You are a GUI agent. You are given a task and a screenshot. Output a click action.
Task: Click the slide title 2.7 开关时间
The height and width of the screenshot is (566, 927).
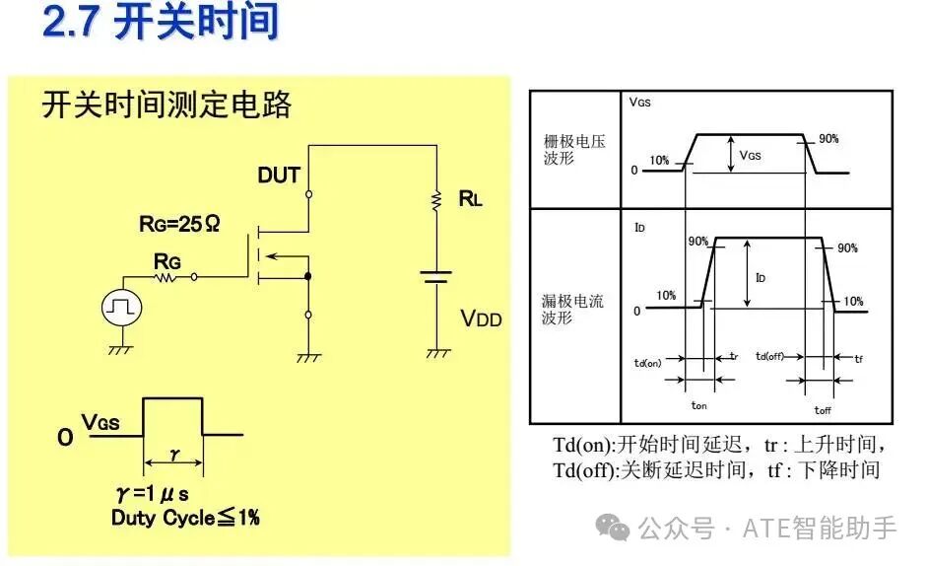coord(161,22)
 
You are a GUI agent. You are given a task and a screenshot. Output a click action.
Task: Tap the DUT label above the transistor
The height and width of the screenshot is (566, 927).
coord(279,176)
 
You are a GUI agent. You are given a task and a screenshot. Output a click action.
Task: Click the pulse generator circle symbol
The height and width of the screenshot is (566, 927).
coord(122,307)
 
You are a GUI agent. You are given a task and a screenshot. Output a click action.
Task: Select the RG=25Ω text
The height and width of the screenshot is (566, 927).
coord(179,224)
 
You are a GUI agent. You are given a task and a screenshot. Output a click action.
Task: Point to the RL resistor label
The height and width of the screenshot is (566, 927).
coord(471,199)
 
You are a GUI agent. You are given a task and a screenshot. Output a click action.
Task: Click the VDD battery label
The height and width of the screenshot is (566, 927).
coord(482,318)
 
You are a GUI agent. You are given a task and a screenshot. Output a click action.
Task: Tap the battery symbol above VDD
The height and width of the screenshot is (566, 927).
coord(436,277)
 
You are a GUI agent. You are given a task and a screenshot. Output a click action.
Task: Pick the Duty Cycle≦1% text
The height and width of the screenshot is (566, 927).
coord(185,518)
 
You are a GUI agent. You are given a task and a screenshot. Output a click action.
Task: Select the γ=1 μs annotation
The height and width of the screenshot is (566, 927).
coord(153,493)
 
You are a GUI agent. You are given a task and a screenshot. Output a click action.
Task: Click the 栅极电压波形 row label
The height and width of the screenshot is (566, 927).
coord(574,149)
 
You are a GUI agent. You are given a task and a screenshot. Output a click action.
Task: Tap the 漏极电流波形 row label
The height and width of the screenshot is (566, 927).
coord(572,309)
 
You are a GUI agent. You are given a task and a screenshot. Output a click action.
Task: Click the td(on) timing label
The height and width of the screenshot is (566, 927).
coord(647,363)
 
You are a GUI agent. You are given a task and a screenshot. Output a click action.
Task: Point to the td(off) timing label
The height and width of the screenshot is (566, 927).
coord(769,356)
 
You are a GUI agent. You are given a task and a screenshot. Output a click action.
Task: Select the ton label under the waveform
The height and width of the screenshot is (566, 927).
coord(698,405)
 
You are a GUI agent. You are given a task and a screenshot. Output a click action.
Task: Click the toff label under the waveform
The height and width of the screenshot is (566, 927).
coord(823,409)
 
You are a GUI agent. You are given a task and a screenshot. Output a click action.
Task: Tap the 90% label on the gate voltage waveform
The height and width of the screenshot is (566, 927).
coord(828,138)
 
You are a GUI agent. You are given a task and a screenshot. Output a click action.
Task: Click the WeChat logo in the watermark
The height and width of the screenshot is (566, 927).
coord(613,527)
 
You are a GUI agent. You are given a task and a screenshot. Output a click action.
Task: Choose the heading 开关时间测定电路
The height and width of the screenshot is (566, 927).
coord(166,105)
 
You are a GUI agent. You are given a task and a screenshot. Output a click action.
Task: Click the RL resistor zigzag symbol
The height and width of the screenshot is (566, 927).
coord(436,201)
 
